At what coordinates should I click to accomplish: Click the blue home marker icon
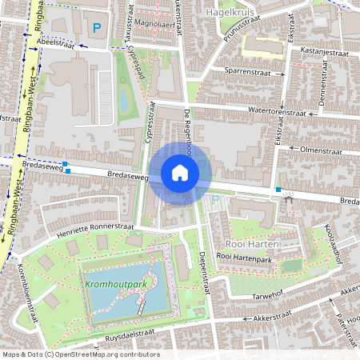pyautogui.click(x=180, y=173)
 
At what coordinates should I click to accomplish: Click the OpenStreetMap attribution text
pyautogui.click(x=80, y=354)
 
